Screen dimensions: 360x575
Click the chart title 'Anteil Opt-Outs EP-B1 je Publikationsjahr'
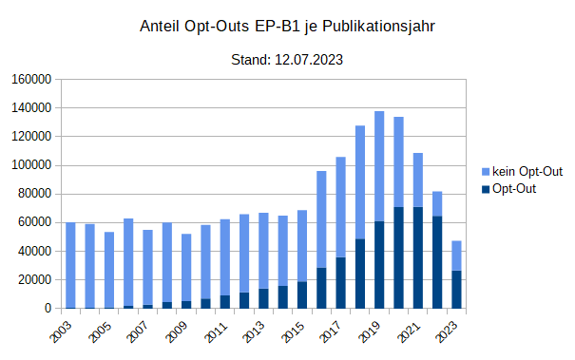[x=287, y=27]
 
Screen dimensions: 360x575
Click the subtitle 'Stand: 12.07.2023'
[x=287, y=60]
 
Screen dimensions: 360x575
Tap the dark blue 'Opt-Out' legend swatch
[x=486, y=190]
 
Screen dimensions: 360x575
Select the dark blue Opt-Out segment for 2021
[x=418, y=257]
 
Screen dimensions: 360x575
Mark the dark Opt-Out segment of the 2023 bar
[x=456, y=290]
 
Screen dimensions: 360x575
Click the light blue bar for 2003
[x=70, y=265]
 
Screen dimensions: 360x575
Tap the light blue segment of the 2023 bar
[x=456, y=256]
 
